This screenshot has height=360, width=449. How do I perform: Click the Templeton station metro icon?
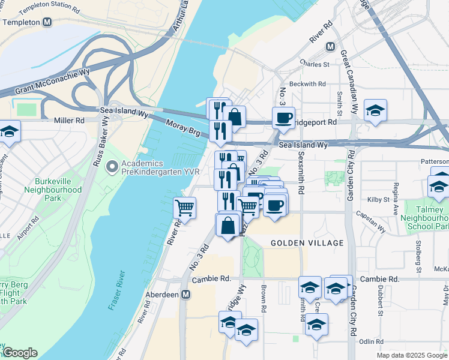47,22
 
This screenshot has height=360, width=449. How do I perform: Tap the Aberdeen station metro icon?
187,295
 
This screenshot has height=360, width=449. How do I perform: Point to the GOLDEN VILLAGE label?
307,243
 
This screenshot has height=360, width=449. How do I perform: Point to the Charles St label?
315,64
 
